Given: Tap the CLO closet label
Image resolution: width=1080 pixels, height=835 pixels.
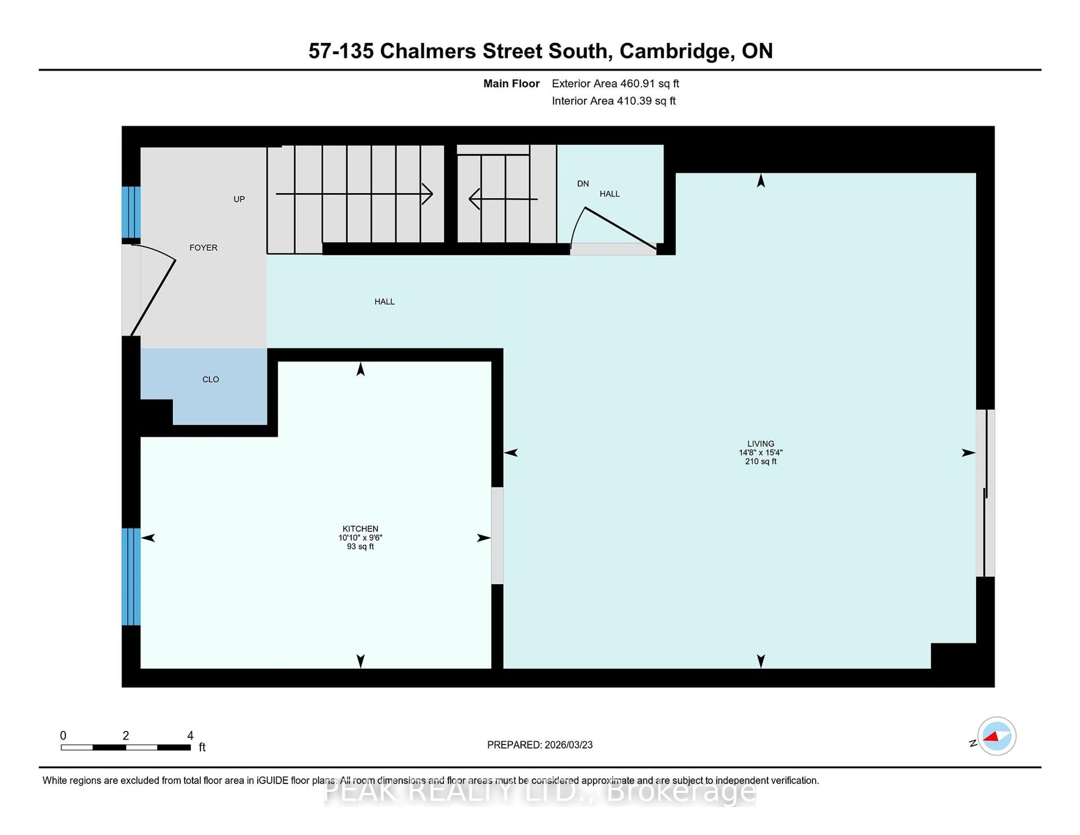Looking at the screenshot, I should [211, 380].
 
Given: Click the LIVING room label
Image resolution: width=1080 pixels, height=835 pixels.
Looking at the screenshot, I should [760, 444].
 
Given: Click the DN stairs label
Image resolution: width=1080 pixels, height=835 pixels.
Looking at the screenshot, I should [583, 183].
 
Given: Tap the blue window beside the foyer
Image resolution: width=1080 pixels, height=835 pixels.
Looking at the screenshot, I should [131, 212].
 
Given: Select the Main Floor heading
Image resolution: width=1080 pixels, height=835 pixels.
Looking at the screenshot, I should [511, 84].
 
